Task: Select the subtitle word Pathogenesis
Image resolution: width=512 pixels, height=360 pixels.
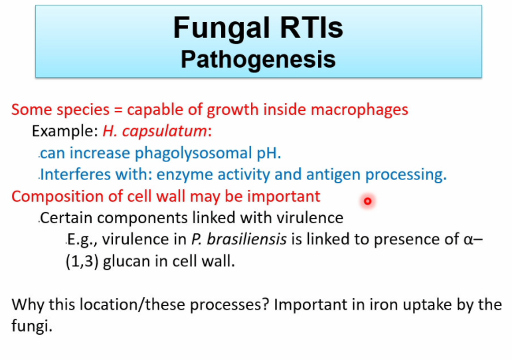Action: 258,59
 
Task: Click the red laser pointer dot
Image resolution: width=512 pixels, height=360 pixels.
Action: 367,201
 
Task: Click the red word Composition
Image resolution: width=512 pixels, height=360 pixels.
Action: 54,197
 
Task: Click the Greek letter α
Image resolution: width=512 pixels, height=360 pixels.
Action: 469,240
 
